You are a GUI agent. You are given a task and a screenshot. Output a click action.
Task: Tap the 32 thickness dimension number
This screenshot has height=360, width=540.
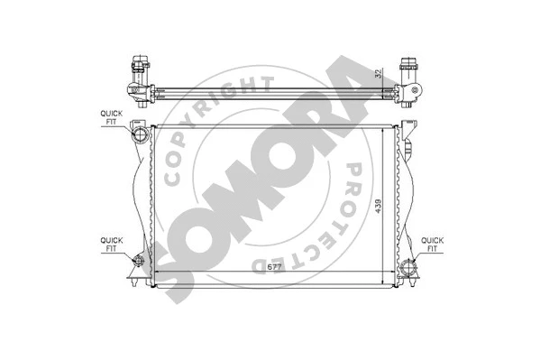tap(379, 78)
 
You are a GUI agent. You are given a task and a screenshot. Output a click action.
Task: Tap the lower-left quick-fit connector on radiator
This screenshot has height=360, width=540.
tap(138, 263)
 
